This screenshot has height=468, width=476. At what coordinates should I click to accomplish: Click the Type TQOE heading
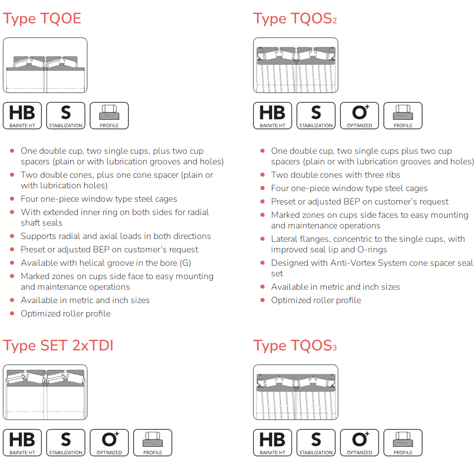(42, 18)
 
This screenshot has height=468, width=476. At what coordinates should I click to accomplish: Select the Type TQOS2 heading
(295, 18)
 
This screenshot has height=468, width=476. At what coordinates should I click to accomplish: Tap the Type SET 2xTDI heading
(58, 345)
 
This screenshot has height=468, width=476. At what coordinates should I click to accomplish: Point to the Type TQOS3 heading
(295, 345)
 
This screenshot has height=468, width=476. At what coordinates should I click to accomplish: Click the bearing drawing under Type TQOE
(45, 65)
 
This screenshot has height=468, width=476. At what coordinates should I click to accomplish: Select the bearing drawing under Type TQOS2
(295, 65)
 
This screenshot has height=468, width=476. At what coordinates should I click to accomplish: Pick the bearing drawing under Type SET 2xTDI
(45, 392)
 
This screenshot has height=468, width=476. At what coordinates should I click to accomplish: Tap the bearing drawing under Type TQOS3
(295, 392)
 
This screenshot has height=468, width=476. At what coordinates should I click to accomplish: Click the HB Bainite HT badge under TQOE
(22, 116)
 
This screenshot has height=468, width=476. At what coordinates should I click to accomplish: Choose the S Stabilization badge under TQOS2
(316, 116)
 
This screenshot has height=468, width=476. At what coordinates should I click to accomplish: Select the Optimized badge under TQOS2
(360, 116)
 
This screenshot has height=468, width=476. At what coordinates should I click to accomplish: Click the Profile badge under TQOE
(109, 116)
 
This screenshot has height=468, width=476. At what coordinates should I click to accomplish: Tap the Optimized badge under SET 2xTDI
(109, 442)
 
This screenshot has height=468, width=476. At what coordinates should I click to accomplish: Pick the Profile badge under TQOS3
(403, 442)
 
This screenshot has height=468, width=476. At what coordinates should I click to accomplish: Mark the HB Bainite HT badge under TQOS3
(273, 442)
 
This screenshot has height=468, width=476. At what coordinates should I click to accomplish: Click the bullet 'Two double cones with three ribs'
(336, 175)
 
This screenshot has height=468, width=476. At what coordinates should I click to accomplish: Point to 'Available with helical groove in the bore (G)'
(106, 263)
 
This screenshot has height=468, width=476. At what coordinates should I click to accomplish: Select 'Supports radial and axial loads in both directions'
(116, 236)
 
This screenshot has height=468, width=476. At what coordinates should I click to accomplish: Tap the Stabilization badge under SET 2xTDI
(66, 442)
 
